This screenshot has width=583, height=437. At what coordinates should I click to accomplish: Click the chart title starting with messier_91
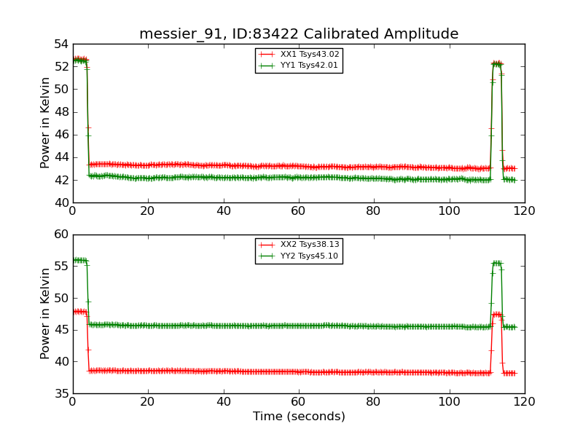click(x=299, y=34)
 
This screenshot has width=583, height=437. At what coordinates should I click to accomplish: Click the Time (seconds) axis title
click(x=299, y=417)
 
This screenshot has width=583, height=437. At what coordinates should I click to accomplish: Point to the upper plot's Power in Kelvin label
click(x=45, y=122)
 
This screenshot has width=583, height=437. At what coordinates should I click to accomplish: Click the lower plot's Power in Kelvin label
click(x=45, y=313)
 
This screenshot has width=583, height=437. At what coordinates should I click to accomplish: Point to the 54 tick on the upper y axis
click(x=60, y=44)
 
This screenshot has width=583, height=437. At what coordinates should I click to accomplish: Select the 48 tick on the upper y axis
click(x=60, y=112)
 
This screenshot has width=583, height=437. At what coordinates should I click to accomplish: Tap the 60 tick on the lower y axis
click(x=60, y=235)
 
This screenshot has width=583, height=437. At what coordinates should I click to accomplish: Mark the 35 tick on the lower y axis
click(x=60, y=393)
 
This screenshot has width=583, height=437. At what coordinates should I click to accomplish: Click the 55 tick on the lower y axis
click(x=60, y=267)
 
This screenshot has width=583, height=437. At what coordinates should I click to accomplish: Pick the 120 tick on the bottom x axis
click(x=524, y=401)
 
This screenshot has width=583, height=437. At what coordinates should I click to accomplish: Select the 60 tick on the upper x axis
click(x=299, y=210)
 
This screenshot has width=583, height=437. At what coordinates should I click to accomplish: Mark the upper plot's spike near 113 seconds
click(x=497, y=63)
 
